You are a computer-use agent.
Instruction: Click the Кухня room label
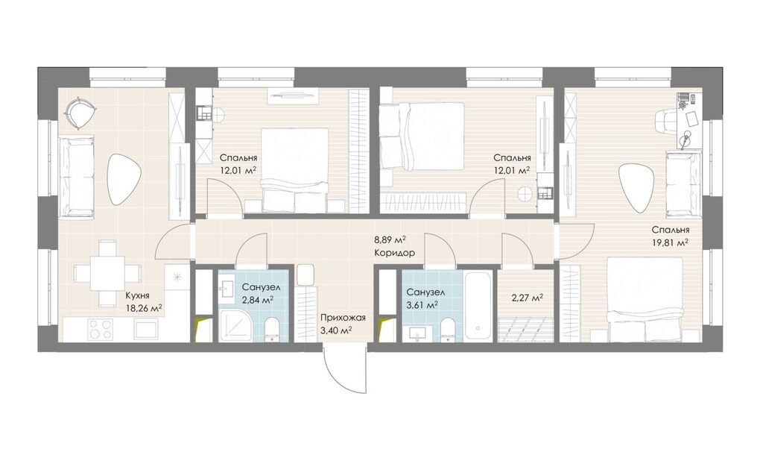point(137,295)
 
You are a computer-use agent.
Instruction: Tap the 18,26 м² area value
point(144,308)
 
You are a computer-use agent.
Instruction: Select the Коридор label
point(395,254)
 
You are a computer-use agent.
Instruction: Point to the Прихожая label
point(343,319)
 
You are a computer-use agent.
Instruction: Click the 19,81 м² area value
point(671,242)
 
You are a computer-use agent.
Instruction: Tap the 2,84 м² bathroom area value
point(257,300)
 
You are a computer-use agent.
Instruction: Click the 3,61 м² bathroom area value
point(422,305)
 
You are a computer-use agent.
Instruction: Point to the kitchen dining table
point(107,273)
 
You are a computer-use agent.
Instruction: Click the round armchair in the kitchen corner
point(79,111)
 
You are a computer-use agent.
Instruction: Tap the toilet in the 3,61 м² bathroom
point(447,330)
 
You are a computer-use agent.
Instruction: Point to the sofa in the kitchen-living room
point(77,176)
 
